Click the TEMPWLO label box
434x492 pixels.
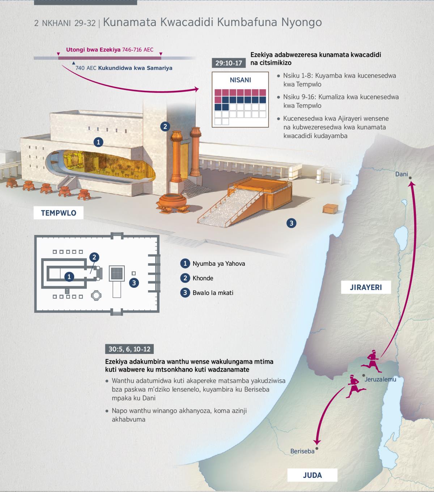(x=58, y=213)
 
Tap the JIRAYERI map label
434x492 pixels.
(x=366, y=287)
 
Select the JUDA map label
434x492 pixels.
(x=312, y=475)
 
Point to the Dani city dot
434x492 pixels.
(x=410, y=178)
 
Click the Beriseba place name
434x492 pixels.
(x=302, y=451)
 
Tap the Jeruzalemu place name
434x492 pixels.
(x=380, y=379)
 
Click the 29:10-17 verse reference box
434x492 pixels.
(x=229, y=63)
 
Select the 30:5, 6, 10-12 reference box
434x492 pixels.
(x=129, y=349)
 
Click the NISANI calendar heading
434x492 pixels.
(x=241, y=80)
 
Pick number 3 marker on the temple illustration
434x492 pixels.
(x=292, y=223)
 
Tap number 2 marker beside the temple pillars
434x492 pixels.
(x=165, y=126)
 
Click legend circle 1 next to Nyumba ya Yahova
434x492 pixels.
(x=185, y=263)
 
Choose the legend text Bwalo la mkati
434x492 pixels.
(x=213, y=292)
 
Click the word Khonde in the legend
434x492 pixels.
(x=203, y=278)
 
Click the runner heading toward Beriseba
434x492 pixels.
(x=356, y=386)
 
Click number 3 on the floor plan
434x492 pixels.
(x=134, y=283)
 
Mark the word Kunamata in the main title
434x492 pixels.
(x=130, y=22)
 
